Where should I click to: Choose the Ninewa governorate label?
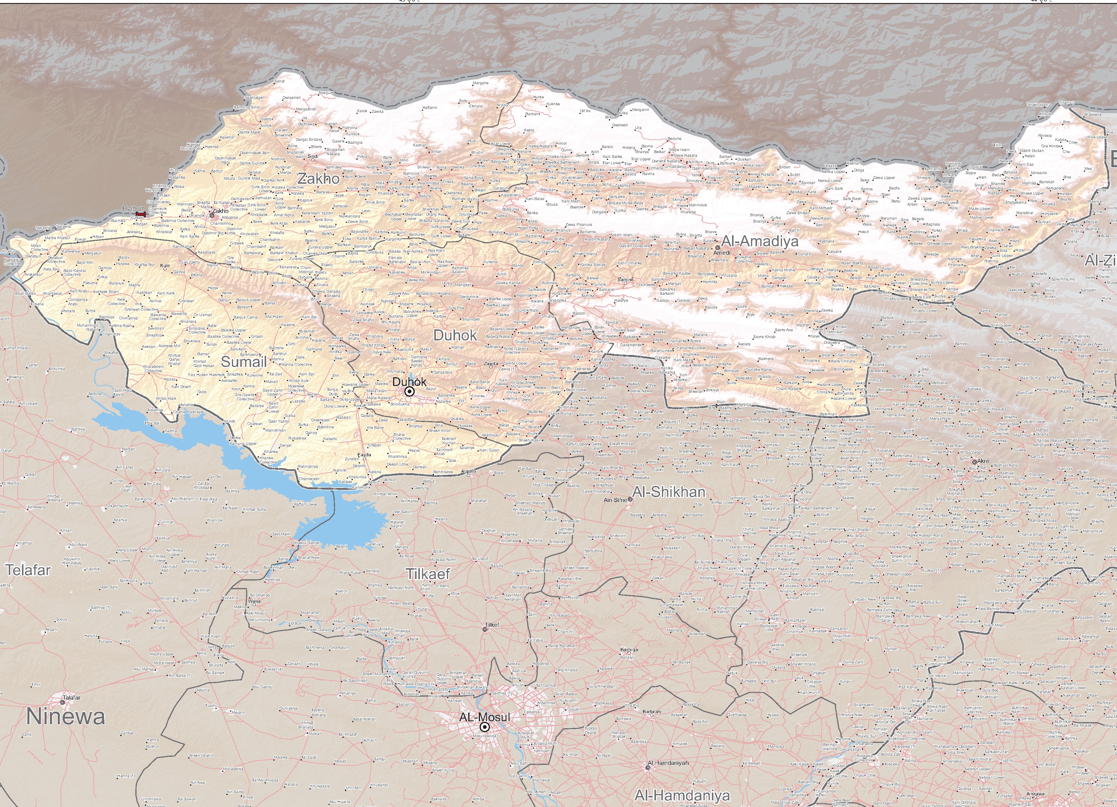click(66, 716)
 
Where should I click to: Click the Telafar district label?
click(28, 570)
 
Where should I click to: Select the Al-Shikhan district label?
click(668, 492)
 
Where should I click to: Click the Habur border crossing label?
click(134, 208)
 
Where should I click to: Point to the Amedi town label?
click(722, 253)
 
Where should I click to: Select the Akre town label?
click(983, 461)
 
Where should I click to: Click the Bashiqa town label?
click(629, 650)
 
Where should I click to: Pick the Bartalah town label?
click(651, 711)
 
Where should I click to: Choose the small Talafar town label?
click(71, 698)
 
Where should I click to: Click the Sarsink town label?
click(626, 280)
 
